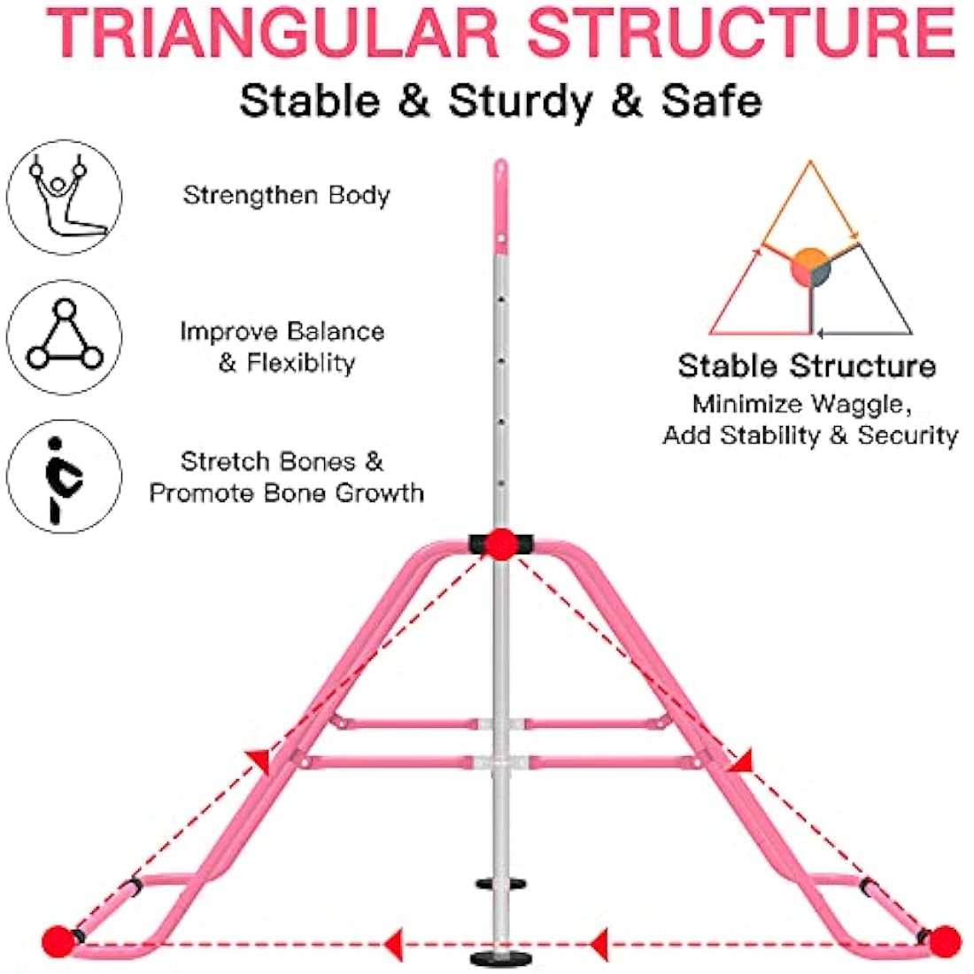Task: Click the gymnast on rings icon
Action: (x=64, y=197)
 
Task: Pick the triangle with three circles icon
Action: (x=64, y=336)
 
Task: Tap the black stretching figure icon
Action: (x=64, y=476)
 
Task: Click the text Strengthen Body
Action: (x=286, y=195)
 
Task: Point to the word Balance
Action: (x=335, y=332)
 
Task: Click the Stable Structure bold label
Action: (x=807, y=366)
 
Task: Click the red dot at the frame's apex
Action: (x=501, y=544)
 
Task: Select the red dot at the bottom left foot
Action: (x=58, y=939)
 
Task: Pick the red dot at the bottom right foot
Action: (x=944, y=939)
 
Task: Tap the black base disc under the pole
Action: (x=495, y=959)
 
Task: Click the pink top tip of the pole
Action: (x=500, y=173)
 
